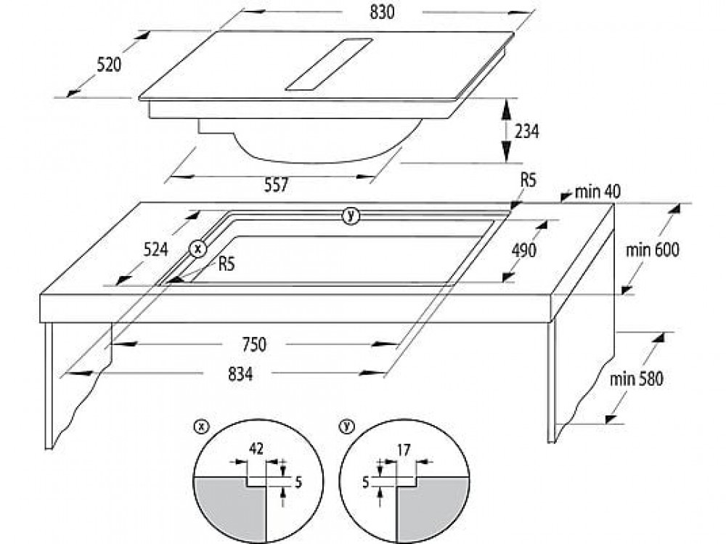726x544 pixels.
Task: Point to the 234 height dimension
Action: (x=528, y=131)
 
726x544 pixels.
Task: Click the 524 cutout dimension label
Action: (x=155, y=250)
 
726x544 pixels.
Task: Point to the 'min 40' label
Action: (x=597, y=192)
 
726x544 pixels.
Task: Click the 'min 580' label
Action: (x=636, y=379)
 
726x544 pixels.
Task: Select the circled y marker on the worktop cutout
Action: (x=351, y=215)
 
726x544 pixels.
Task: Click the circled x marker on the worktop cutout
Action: (x=197, y=248)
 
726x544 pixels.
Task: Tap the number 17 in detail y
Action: (x=404, y=450)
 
